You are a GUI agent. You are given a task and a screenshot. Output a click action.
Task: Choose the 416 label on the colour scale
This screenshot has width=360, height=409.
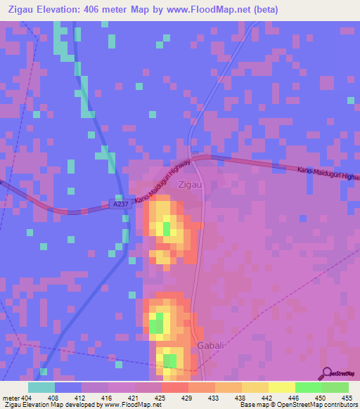click(x=108, y=397)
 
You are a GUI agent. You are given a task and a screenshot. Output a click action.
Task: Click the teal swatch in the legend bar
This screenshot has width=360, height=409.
click(x=41, y=387)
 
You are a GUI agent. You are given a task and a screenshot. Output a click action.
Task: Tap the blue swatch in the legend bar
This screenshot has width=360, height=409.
click(x=68, y=387)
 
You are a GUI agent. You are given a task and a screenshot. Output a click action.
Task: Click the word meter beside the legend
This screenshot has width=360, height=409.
click(x=11, y=397)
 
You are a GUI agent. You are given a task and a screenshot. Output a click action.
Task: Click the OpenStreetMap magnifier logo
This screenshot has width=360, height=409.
click(x=326, y=372)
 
